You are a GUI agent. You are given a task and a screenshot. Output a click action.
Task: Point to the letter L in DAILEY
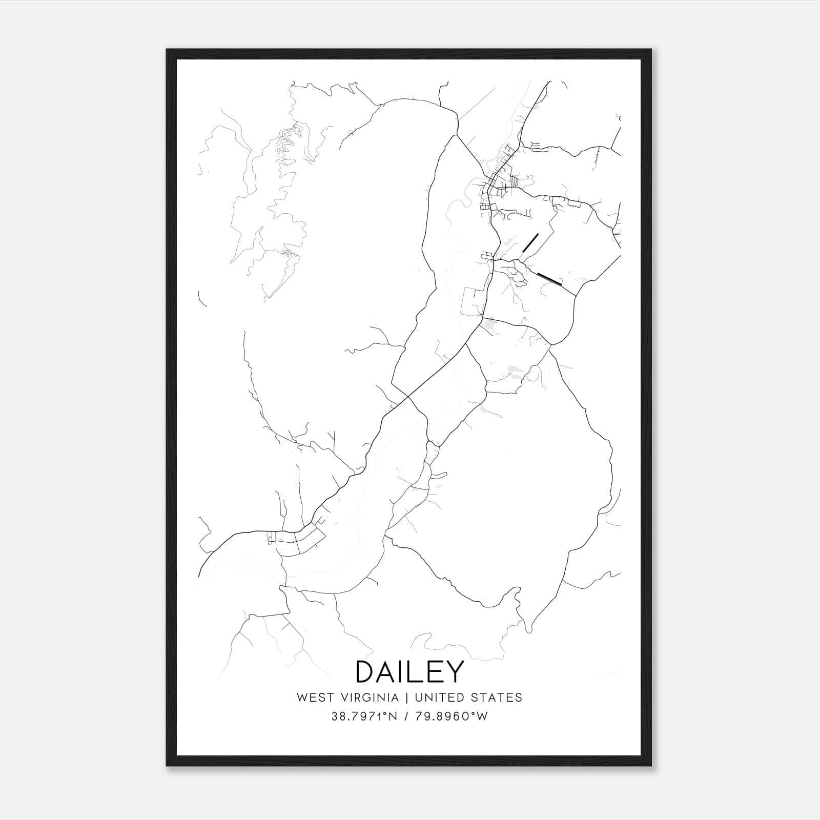pyautogui.click(x=415, y=672)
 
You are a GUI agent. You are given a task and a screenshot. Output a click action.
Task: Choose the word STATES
pyautogui.click(x=502, y=698)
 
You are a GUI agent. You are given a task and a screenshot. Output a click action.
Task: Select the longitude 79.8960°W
pyautogui.click(x=452, y=716)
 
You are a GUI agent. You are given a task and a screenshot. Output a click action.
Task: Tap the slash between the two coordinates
pyautogui.click(x=407, y=716)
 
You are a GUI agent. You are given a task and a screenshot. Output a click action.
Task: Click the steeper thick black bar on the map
pyautogui.click(x=530, y=243)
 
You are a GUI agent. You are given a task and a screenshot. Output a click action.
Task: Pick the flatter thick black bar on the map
pyautogui.click(x=550, y=278)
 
